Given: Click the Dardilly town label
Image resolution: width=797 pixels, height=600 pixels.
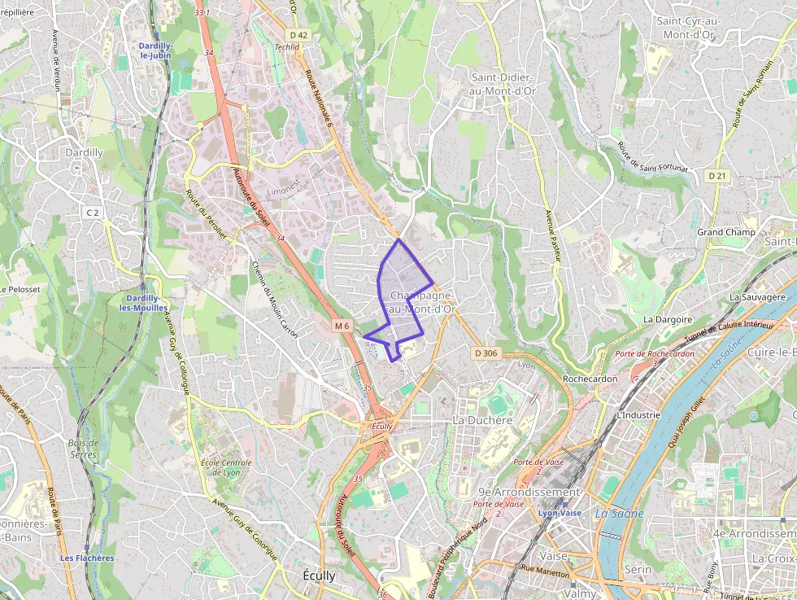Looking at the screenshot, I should click(84, 152).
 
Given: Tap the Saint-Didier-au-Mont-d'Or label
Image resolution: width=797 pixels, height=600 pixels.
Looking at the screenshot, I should click(503, 84).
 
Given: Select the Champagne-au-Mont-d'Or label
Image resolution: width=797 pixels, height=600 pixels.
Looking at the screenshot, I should click(422, 302).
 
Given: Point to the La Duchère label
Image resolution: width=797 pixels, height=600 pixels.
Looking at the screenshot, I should click(482, 420).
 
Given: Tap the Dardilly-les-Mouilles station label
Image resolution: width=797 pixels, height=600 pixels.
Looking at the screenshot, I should click(143, 303).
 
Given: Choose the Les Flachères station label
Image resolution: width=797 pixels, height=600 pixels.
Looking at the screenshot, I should click(87, 558).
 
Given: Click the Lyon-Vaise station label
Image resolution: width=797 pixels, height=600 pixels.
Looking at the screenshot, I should click(560, 513).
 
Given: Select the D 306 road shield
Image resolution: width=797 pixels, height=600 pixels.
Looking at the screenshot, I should click(486, 353).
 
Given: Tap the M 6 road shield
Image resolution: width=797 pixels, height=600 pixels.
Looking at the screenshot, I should click(342, 326).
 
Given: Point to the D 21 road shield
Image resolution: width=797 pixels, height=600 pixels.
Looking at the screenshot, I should click(716, 176).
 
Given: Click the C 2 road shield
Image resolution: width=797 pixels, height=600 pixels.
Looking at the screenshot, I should click(93, 212).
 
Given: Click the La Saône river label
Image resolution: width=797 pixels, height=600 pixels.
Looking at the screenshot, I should click(619, 513).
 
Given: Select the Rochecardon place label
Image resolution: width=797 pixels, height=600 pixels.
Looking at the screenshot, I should click(590, 379).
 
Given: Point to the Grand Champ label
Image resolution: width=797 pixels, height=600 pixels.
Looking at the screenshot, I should click(726, 232).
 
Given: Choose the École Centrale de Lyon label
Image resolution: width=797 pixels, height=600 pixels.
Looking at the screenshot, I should click(225, 467).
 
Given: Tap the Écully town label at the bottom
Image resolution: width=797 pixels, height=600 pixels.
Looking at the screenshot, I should click(319, 575).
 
